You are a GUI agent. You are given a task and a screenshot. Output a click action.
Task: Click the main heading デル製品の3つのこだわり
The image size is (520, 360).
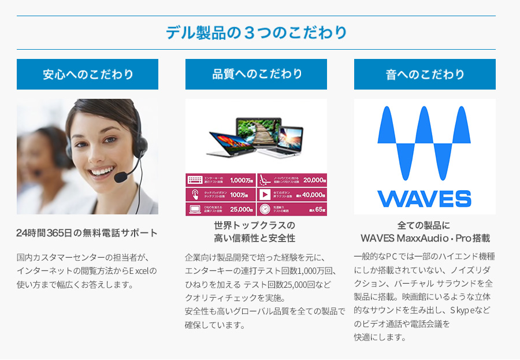tap(256, 32)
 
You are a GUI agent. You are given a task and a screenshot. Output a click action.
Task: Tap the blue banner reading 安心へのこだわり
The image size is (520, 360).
tap(87, 75)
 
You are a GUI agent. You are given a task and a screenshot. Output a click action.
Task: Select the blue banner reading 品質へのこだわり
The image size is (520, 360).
tap(256, 74)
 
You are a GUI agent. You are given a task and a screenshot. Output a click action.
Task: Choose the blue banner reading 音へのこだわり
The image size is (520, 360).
tap(425, 75)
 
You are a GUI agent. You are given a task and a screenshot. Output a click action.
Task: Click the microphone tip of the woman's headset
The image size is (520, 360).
tap(122, 177)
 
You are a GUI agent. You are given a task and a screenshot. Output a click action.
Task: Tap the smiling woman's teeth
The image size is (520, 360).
tap(102, 172)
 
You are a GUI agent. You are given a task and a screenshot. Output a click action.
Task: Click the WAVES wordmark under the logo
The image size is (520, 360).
tap(425, 198)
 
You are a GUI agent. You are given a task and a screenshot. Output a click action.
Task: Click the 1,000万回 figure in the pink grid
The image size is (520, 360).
tap(242, 180)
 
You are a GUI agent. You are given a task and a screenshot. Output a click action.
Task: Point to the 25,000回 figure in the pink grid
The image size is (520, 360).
tap(242, 209)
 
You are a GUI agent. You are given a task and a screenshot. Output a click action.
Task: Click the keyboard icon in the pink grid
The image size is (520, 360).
tap(194, 180)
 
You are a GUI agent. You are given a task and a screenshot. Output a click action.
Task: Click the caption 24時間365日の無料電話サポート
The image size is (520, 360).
tap(87, 233)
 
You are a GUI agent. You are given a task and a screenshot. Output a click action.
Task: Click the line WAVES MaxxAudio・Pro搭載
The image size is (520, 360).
tap(425, 238)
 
